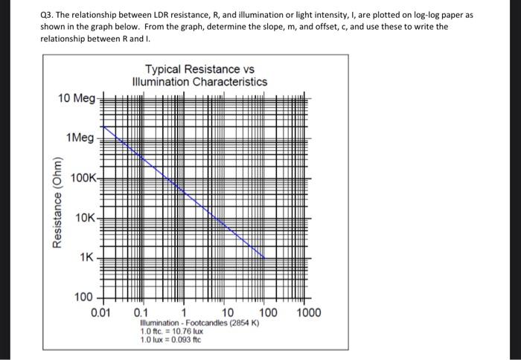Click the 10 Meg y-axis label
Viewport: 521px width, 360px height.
76,98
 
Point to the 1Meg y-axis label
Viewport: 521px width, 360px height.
80,138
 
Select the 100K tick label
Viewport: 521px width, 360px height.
83,178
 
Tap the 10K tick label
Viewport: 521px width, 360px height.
86,217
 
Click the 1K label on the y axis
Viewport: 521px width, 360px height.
87,257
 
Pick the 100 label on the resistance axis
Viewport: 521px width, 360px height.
83,298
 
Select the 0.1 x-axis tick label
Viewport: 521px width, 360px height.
140,312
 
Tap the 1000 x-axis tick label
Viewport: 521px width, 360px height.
308,312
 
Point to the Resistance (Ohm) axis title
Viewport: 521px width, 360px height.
55,202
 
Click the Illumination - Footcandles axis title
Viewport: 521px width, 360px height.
199,324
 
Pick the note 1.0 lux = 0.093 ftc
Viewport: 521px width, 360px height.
170,340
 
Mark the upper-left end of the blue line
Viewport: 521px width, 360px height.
102,127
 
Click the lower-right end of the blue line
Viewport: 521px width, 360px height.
265,257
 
